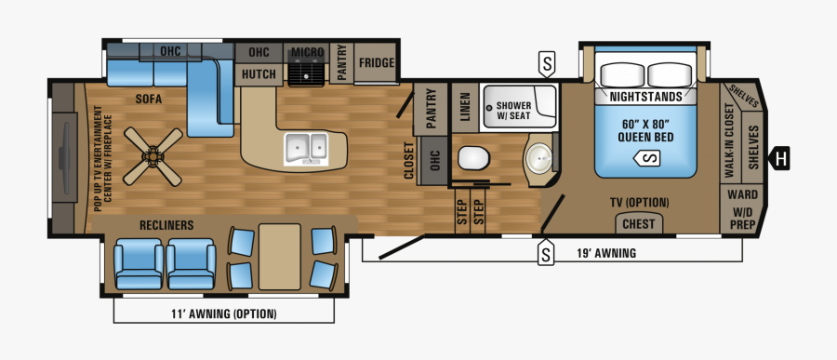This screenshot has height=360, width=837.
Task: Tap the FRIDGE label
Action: (x=377, y=63)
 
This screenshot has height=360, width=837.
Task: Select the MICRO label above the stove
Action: (x=306, y=52)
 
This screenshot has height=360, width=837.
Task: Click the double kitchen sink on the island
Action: (x=307, y=147)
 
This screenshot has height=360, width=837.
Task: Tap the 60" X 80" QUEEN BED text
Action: (x=645, y=131)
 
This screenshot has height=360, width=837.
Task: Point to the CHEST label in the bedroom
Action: (x=637, y=223)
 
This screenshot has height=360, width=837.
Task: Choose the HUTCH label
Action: (x=258, y=73)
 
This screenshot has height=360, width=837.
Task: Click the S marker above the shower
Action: (x=548, y=64)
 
